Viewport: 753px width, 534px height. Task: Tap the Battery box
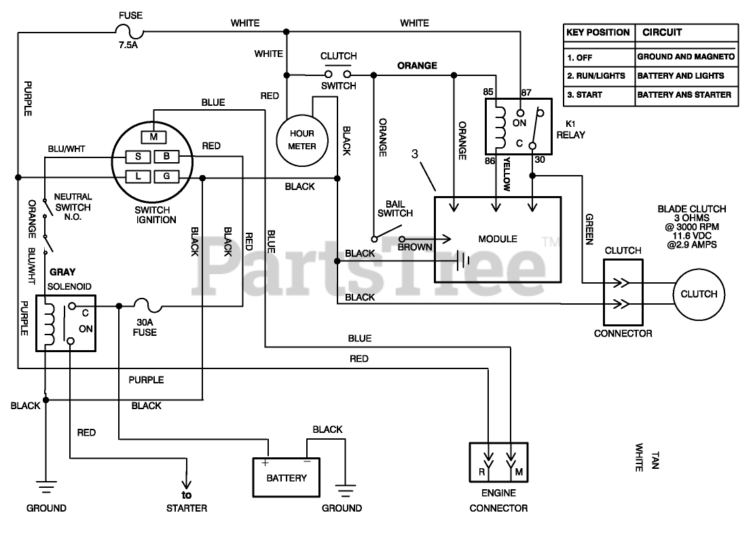(287, 478)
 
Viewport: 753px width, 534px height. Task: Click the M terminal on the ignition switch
(153, 137)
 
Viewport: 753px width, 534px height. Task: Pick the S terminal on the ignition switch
(138, 157)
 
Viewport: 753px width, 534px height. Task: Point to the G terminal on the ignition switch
(166, 176)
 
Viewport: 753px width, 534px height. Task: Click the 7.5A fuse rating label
(128, 45)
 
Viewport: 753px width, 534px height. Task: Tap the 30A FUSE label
(145, 327)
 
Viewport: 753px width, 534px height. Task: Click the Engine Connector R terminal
(482, 472)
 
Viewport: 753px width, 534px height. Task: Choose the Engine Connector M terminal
(519, 472)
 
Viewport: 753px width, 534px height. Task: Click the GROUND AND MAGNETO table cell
(686, 56)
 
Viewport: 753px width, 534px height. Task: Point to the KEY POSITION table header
(598, 33)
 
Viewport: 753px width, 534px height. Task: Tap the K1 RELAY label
(570, 130)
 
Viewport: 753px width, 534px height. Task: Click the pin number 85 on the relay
(488, 92)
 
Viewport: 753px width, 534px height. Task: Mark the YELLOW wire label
(507, 174)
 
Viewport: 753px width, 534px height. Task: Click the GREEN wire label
(589, 229)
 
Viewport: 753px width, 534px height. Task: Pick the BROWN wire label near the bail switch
(415, 247)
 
